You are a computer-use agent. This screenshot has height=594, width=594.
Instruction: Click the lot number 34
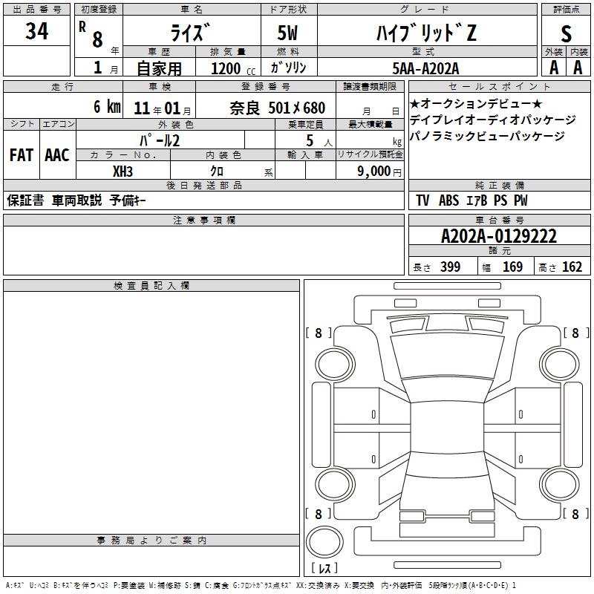36,30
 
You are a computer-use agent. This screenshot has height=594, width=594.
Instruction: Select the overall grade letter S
566,33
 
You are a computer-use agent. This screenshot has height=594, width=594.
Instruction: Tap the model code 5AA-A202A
425,68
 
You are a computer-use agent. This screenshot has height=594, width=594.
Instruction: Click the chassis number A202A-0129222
499,236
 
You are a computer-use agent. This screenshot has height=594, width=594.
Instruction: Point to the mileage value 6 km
107,106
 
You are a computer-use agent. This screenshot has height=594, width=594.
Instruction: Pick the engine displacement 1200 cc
233,68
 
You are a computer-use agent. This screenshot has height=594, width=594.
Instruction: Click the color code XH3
123,172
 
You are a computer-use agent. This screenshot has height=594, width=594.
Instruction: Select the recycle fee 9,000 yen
379,172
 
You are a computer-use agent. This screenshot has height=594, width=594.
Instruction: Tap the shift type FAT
22,155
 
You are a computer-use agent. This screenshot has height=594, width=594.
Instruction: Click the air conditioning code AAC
57,155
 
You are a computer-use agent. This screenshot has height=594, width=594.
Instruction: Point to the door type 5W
287,33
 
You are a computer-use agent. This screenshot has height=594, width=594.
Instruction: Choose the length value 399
451,267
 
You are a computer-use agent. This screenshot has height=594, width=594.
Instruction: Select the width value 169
512,267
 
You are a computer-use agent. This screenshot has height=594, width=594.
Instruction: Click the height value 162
572,267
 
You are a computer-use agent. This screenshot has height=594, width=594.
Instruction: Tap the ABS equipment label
449,200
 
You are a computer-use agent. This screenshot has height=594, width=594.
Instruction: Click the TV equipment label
422,200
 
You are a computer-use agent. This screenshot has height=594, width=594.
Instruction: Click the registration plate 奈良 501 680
277,108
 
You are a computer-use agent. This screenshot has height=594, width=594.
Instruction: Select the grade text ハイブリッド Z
426,33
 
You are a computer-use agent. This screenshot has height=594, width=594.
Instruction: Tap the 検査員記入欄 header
151,286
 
